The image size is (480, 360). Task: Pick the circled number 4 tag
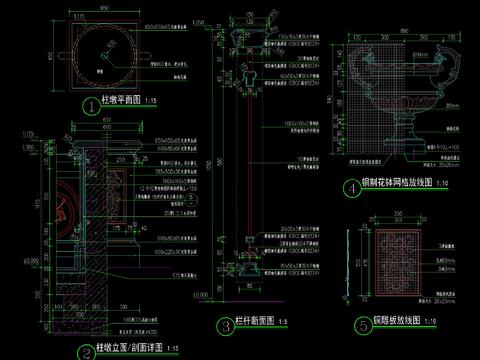click(x=350, y=187)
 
